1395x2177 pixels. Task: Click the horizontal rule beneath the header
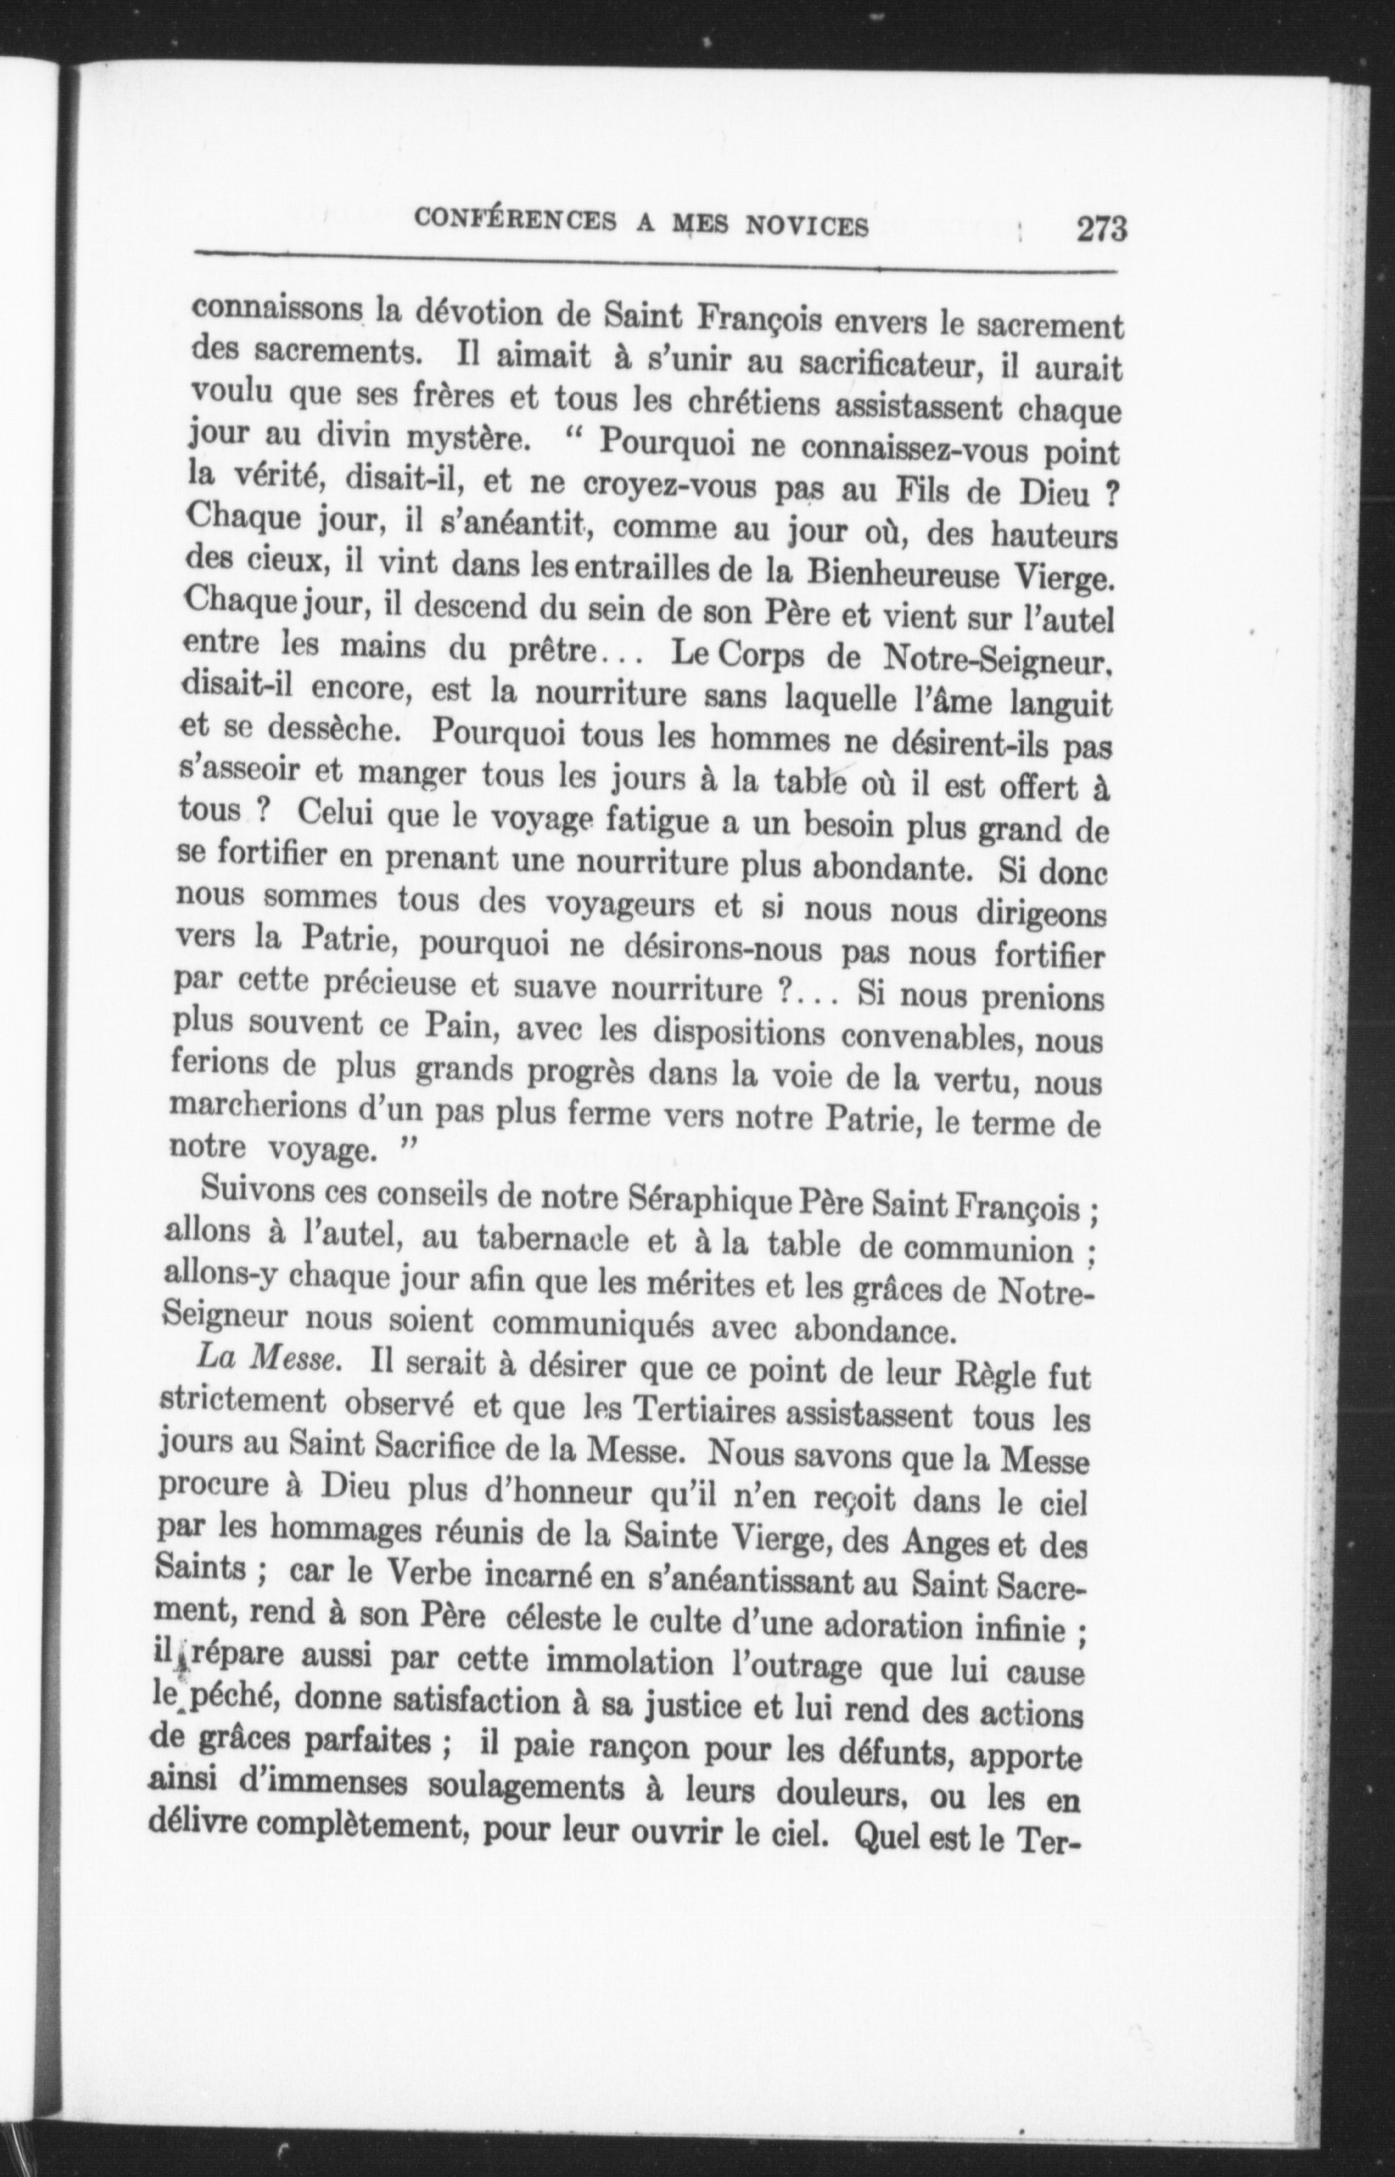tap(652, 264)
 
